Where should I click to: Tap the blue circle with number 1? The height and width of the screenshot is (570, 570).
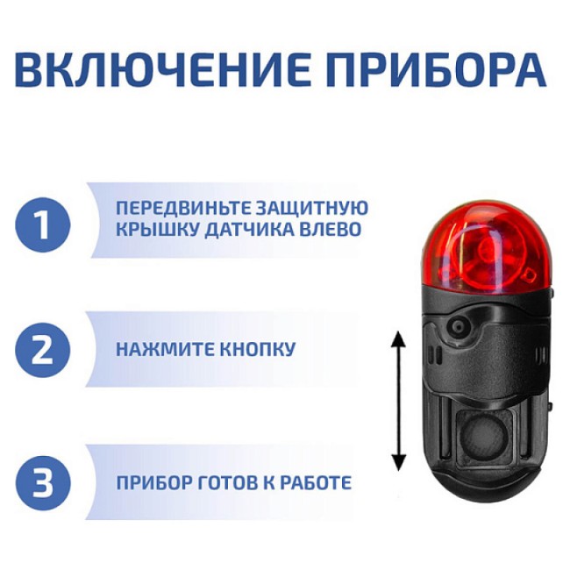point(42,224)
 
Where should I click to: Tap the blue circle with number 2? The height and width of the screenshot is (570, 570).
point(42,350)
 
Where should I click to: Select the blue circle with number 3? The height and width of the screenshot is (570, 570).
point(42,481)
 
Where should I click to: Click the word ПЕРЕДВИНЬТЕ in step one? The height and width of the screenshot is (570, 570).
point(179,209)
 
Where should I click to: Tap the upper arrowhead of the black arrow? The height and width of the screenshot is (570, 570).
point(399,338)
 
